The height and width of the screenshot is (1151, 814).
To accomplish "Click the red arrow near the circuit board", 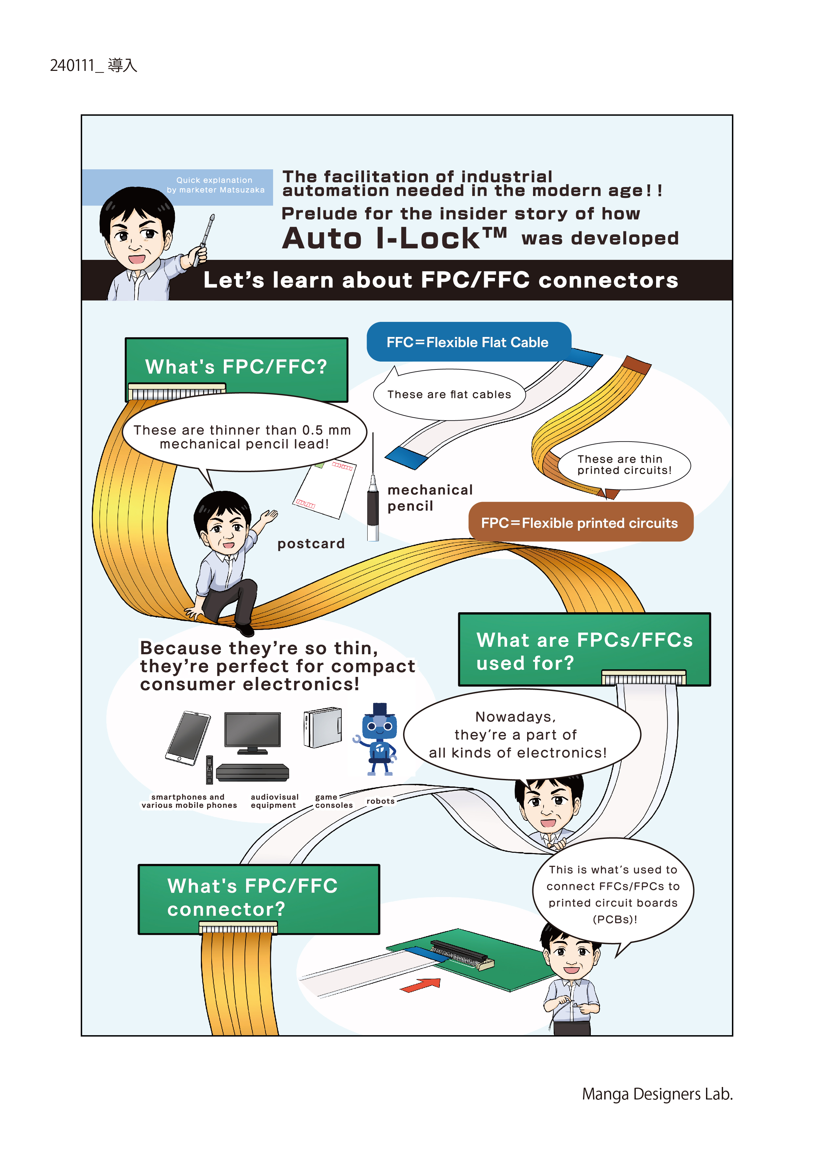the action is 420,985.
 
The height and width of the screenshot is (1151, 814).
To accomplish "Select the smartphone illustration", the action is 187,738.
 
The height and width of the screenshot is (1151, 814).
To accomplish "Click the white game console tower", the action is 323,727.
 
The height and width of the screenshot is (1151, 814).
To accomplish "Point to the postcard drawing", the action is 325,489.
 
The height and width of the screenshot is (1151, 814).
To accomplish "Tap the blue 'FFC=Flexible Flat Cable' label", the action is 468,342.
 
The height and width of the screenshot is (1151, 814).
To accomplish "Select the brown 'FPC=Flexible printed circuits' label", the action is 580,522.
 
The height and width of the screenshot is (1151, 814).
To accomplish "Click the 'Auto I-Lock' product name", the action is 395,238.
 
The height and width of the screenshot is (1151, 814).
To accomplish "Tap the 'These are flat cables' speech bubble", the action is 449,394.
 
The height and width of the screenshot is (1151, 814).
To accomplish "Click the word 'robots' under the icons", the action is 381,801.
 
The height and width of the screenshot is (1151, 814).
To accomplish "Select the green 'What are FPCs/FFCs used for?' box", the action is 584,649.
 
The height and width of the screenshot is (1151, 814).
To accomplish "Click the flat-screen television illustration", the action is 252,732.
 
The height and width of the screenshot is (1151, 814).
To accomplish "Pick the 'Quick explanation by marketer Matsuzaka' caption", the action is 215,184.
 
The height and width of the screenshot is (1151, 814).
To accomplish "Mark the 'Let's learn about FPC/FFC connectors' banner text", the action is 440,280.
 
